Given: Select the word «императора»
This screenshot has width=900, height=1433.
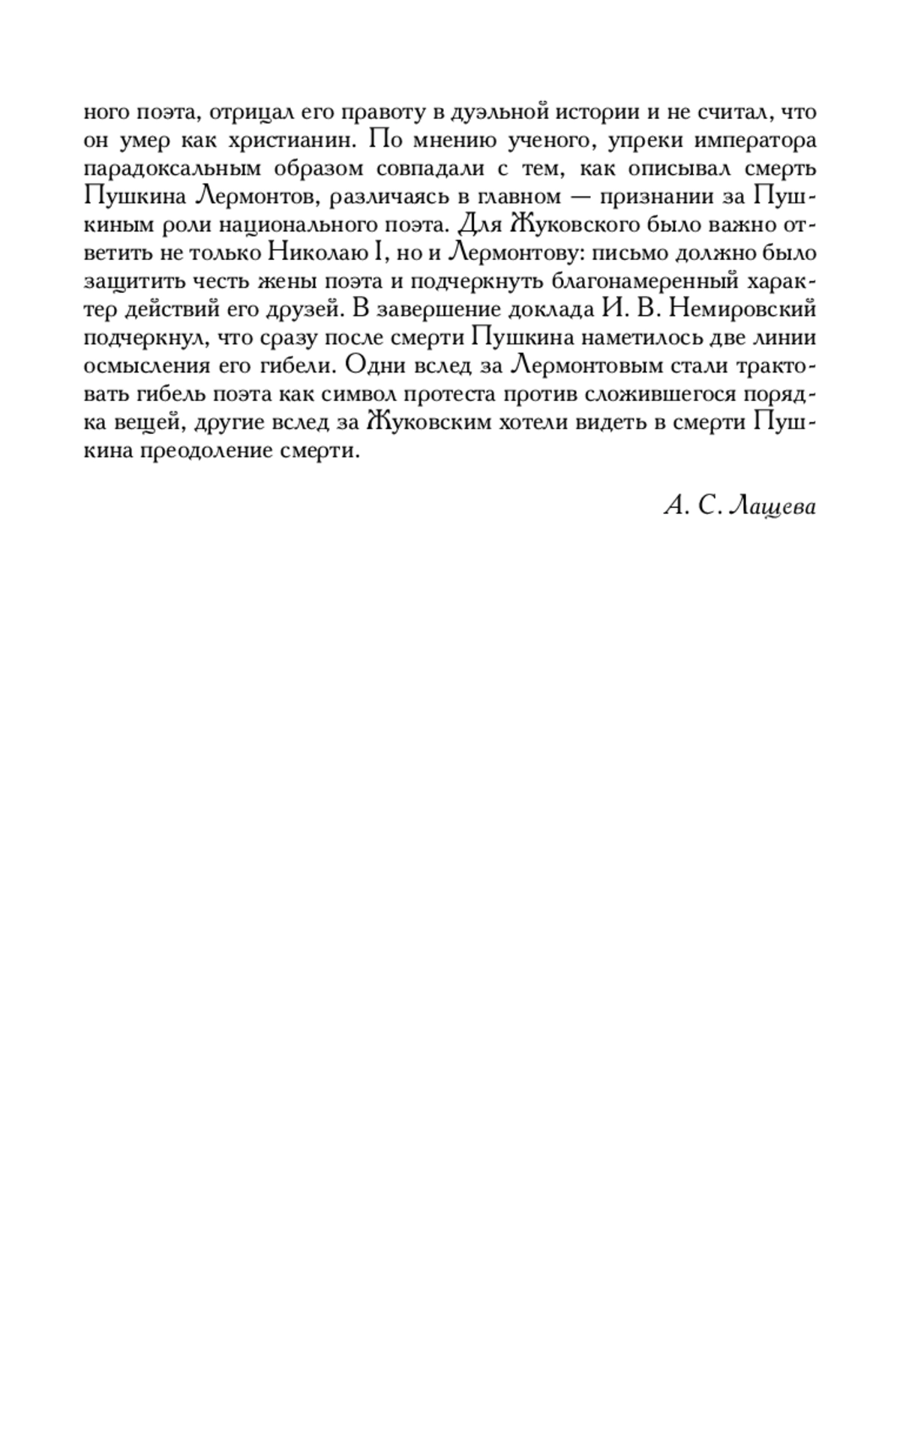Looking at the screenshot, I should tap(757, 140).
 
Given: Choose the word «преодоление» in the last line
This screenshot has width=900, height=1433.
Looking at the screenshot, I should tap(196, 450).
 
